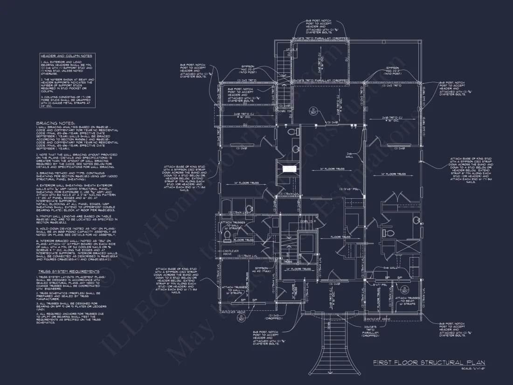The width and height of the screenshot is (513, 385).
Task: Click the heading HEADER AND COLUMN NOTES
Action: click(x=67, y=56)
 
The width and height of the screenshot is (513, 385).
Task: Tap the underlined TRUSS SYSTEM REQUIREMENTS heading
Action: click(x=69, y=271)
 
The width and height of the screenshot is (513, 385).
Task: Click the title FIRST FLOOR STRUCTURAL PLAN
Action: click(x=429, y=363)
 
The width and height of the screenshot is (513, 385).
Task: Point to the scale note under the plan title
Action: click(x=472, y=369)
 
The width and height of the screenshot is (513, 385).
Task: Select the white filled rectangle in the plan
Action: click(x=289, y=168)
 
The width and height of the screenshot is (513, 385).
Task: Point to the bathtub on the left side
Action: click(x=225, y=205)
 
